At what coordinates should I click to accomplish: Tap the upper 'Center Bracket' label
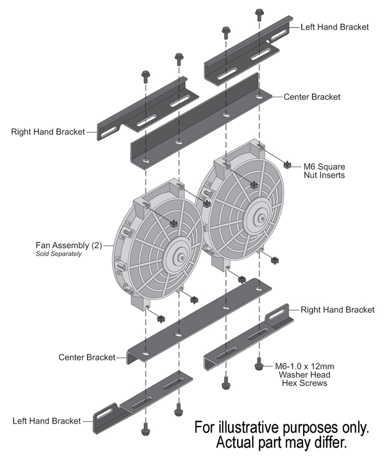tap(312, 97)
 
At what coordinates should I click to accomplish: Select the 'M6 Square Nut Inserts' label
tap(325, 170)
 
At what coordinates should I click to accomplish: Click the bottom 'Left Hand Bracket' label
tap(46, 421)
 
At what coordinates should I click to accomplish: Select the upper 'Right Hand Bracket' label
tap(48, 132)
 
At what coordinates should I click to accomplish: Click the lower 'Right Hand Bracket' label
tap(338, 310)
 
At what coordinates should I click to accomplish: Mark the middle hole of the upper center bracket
tap(226, 115)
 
